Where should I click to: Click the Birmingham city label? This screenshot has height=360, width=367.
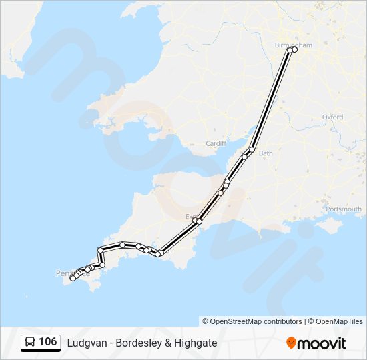point(293,45)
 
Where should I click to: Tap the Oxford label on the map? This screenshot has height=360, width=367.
point(332,117)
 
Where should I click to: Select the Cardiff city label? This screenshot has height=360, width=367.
point(216,143)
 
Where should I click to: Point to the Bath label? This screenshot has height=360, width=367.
point(266,153)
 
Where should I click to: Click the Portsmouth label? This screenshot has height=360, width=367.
point(344,209)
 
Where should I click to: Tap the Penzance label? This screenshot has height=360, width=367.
point(67,273)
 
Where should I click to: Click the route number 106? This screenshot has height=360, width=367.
point(47,342)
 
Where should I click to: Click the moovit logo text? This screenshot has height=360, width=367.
point(322,343)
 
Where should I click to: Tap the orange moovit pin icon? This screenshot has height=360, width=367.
point(291,343)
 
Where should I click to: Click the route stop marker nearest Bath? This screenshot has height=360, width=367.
point(252,149)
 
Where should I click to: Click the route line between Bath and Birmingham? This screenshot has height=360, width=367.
point(271,100)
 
